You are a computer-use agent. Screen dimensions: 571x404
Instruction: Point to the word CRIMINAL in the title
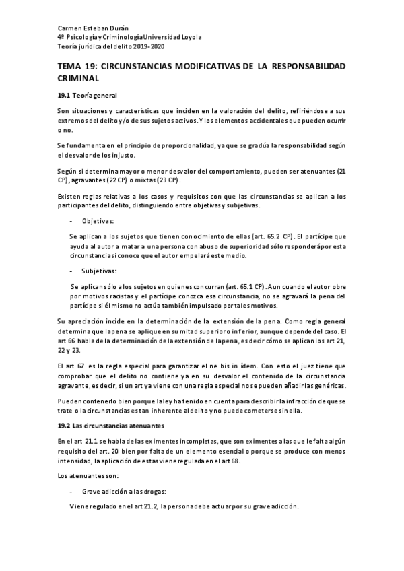(80, 78)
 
